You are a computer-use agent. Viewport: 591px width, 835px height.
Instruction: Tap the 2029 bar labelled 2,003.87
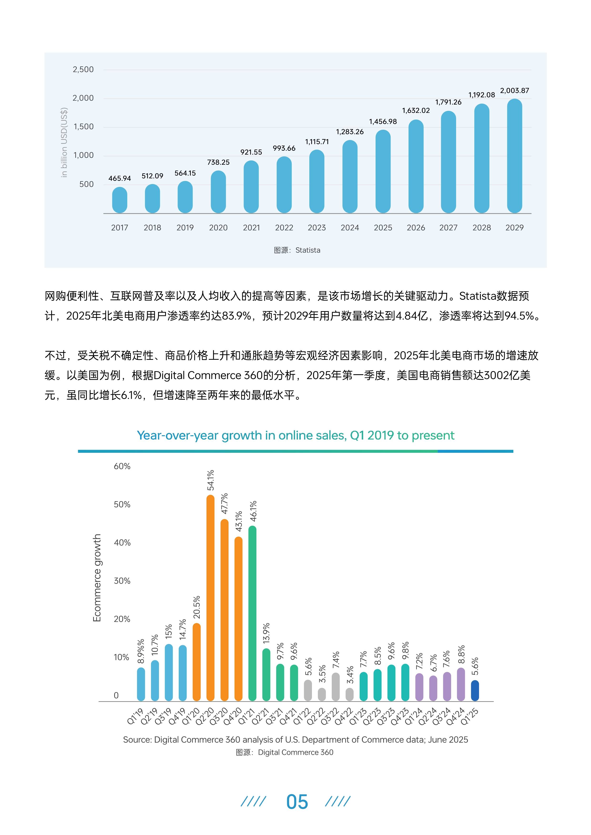[514, 156]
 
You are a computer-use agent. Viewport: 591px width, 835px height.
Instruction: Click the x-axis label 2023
[317, 228]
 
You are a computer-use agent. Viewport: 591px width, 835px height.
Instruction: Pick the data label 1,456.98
[383, 121]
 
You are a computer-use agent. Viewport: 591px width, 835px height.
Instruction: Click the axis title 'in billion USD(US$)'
[64, 143]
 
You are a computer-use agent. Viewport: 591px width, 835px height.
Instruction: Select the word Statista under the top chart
[308, 250]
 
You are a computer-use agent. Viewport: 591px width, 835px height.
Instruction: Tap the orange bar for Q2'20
[210, 598]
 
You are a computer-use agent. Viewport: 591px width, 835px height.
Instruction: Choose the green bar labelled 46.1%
[252, 614]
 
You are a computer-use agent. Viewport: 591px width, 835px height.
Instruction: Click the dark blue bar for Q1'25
[475, 691]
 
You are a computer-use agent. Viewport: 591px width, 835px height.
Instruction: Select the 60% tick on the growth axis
[122, 466]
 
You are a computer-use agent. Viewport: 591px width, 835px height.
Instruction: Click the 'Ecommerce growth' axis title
[97, 578]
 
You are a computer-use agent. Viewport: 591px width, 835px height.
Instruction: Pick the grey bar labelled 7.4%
[336, 687]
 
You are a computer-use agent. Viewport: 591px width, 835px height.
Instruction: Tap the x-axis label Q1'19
[135, 716]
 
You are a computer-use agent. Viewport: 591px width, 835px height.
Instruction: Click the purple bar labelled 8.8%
[461, 685]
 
